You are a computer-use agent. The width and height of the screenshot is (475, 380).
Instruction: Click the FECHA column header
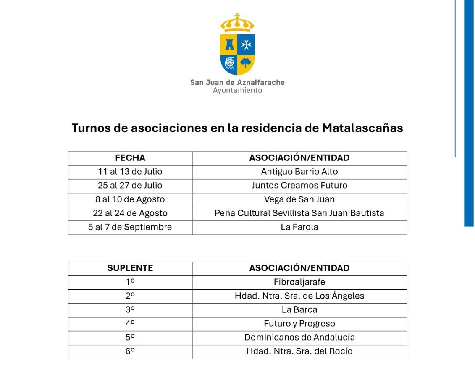pos(130,158)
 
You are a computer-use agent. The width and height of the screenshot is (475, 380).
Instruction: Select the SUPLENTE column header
pos(130,268)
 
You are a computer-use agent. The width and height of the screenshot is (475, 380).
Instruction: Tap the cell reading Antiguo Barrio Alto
pos(299,172)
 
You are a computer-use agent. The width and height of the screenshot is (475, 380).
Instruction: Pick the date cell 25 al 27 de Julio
pos(130,186)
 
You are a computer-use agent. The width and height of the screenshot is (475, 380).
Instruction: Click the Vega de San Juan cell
pos(299,199)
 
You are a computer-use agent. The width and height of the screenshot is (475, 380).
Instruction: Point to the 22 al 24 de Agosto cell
pos(130,213)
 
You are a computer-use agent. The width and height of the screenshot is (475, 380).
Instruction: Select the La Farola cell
pos(299,227)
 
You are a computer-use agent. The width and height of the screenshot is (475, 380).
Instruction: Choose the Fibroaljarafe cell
pos(299,282)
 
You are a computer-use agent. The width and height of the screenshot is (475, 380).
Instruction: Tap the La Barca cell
pos(299,310)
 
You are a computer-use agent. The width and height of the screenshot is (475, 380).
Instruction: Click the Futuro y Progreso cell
pos(299,324)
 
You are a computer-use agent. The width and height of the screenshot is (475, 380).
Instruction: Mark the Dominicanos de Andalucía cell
pos(299,338)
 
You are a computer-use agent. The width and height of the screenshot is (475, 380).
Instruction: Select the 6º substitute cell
pos(130,351)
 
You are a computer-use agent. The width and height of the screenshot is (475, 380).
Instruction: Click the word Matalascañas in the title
pos(362,128)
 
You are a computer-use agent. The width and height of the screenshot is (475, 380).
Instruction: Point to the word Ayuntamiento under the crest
pos(237,91)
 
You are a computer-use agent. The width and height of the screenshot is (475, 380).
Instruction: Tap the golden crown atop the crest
pos(237,24)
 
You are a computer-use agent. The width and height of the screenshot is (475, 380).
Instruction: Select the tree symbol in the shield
pos(246,63)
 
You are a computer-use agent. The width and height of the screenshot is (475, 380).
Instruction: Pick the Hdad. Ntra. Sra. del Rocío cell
pos(299,351)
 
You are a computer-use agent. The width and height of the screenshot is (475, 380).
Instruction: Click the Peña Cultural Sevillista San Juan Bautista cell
pos(299,213)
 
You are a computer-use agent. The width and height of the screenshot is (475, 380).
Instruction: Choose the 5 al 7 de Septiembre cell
pos(130,227)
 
